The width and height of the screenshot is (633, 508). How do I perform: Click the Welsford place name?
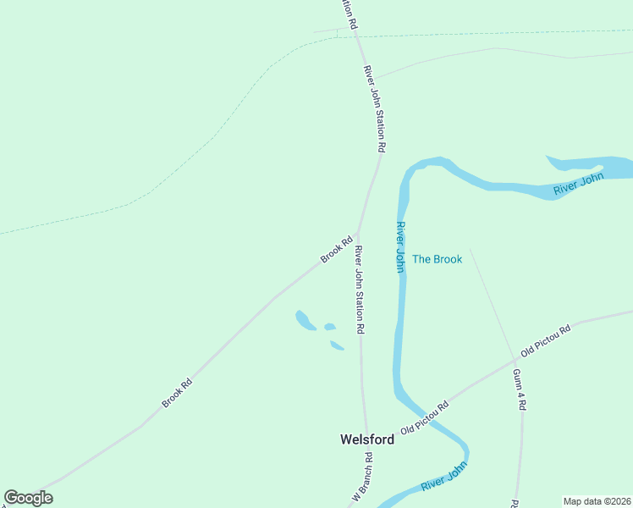point(366,439)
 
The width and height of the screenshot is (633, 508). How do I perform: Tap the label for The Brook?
point(437,259)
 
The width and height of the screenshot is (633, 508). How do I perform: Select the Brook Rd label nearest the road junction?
point(336,249)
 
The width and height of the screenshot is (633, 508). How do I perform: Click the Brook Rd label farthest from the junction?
point(178,393)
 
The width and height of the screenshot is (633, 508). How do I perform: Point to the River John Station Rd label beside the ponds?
point(360,289)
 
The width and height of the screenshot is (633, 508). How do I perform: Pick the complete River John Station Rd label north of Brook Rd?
point(375,109)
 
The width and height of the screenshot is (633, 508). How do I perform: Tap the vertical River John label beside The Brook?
point(399,246)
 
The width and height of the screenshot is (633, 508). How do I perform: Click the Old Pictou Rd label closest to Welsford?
point(425,417)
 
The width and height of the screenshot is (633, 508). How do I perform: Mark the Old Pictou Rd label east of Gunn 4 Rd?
point(547,338)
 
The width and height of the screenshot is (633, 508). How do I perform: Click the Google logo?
point(28,498)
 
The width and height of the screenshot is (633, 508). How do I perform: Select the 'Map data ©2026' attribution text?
point(596,501)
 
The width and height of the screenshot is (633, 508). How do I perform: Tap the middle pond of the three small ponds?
point(330,327)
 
